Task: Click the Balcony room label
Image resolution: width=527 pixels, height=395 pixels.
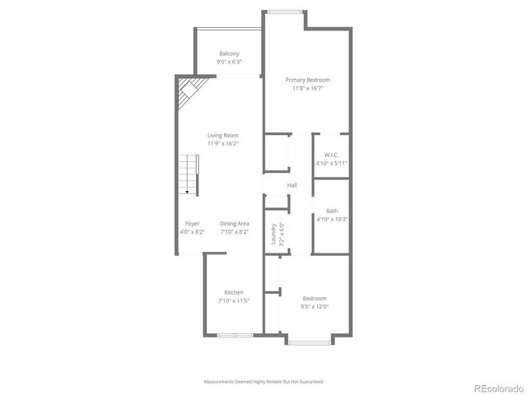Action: pyautogui.click(x=228, y=53)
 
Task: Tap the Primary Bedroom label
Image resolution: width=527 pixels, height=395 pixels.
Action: pyautogui.click(x=306, y=80)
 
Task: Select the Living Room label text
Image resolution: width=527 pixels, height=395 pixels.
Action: pyautogui.click(x=222, y=135)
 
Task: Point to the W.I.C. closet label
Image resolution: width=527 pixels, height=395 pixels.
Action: pyautogui.click(x=331, y=155)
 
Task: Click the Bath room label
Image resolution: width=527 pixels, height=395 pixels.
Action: pyautogui.click(x=331, y=211)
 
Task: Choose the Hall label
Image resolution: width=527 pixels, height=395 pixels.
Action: pyautogui.click(x=291, y=185)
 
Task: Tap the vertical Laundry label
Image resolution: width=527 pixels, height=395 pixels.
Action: pyautogui.click(x=273, y=234)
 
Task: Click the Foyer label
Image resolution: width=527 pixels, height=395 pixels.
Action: pyautogui.click(x=192, y=224)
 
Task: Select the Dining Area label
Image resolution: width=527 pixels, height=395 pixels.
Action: pyautogui.click(x=235, y=224)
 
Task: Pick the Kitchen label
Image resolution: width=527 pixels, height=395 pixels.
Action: pyautogui.click(x=234, y=293)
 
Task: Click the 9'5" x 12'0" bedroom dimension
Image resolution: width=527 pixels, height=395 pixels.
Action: pyautogui.click(x=315, y=307)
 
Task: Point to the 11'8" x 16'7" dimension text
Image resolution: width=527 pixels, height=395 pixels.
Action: pyautogui.click(x=306, y=89)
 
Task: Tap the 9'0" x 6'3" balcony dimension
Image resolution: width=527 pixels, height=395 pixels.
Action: pyautogui.click(x=228, y=62)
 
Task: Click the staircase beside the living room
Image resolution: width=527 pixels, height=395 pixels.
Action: pyautogui.click(x=189, y=174)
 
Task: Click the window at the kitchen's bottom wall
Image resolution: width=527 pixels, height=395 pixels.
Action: pyautogui.click(x=235, y=335)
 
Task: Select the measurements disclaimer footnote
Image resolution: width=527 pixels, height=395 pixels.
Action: pyautogui.click(x=263, y=382)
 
